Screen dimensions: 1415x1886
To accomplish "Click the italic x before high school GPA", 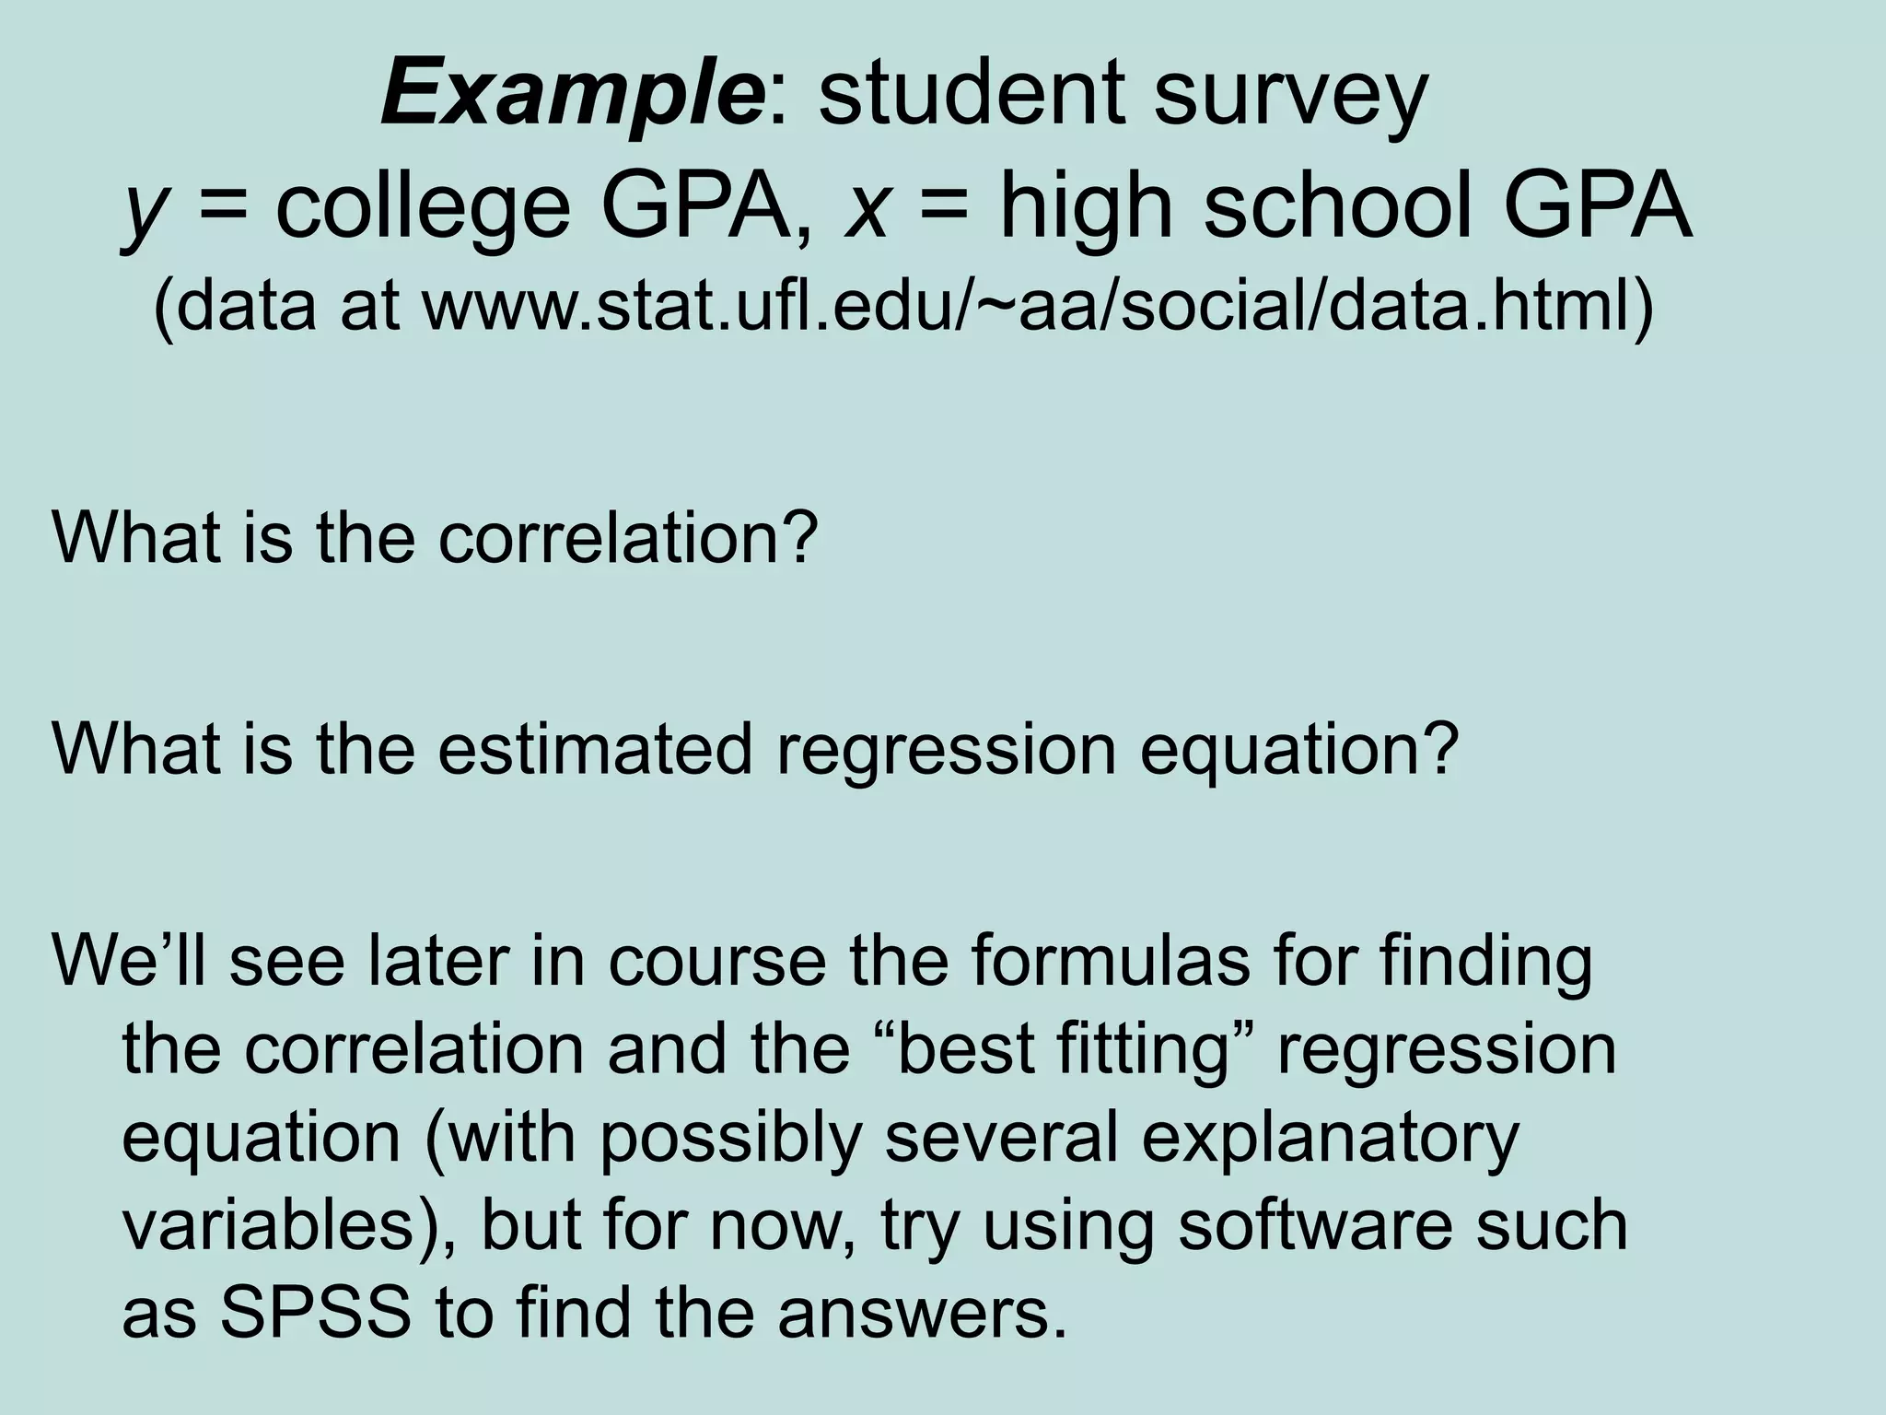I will tap(866, 210).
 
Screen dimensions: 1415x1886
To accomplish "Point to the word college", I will tap(423, 210).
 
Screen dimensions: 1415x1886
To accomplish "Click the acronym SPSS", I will tap(313, 1314).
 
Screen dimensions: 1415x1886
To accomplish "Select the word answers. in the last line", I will tap(922, 1316).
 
